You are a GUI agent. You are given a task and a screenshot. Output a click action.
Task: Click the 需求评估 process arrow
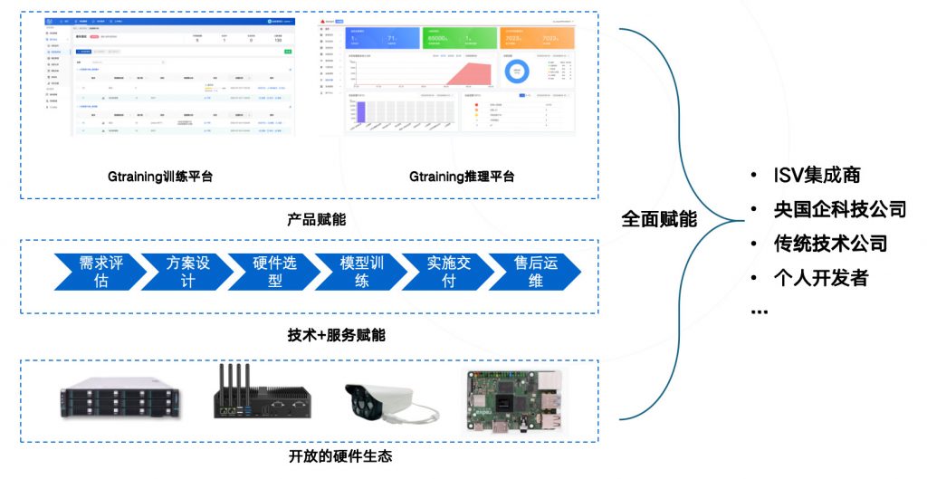pos(100,272)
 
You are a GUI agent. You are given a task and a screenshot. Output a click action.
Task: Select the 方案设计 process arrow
pos(187,272)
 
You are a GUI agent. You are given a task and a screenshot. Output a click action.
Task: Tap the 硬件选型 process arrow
pos(274,272)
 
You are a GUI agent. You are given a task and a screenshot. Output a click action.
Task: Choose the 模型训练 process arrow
pos(361,272)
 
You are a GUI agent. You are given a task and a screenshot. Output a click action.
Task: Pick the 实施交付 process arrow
pos(448,272)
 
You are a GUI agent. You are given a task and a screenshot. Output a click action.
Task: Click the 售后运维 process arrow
pos(535,272)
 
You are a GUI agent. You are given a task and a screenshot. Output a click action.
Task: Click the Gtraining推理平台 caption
pos(462,177)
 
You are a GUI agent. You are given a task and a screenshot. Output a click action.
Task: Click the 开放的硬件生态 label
pos(340,456)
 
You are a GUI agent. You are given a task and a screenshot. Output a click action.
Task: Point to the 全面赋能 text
pos(659,219)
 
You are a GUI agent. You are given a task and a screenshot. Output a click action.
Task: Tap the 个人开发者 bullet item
pos(821,277)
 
